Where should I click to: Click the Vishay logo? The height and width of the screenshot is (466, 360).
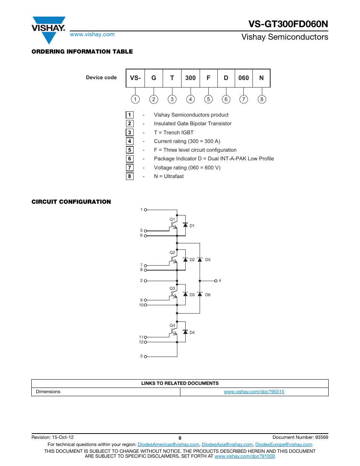[49, 29]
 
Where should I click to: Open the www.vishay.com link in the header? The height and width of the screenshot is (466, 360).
[92, 34]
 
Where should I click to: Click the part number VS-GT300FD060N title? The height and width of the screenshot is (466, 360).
[288, 24]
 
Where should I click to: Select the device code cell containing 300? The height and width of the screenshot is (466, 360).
[190, 78]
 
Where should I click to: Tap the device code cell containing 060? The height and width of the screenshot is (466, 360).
[243, 78]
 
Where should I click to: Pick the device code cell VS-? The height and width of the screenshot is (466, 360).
[135, 78]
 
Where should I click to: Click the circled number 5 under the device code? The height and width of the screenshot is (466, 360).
[208, 99]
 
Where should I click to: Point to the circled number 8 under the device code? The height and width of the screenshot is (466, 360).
[262, 99]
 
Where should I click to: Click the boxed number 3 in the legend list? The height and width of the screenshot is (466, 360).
[129, 132]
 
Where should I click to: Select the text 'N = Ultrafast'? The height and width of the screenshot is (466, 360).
[169, 176]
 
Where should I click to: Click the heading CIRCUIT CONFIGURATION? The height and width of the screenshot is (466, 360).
[71, 202]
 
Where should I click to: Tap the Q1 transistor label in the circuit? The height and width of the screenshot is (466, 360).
[172, 219]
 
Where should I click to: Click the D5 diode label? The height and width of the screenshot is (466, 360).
[208, 260]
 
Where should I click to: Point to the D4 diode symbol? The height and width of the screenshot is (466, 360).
[185, 332]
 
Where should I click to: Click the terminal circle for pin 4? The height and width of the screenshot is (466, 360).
[216, 281]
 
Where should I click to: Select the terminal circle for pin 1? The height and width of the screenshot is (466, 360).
[145, 210]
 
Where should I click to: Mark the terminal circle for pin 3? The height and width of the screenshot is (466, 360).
[145, 357]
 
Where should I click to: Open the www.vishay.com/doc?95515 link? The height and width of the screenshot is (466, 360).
[254, 392]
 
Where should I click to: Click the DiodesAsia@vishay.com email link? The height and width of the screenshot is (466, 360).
[227, 444]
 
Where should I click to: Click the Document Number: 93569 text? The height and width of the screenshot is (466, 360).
[300, 437]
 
